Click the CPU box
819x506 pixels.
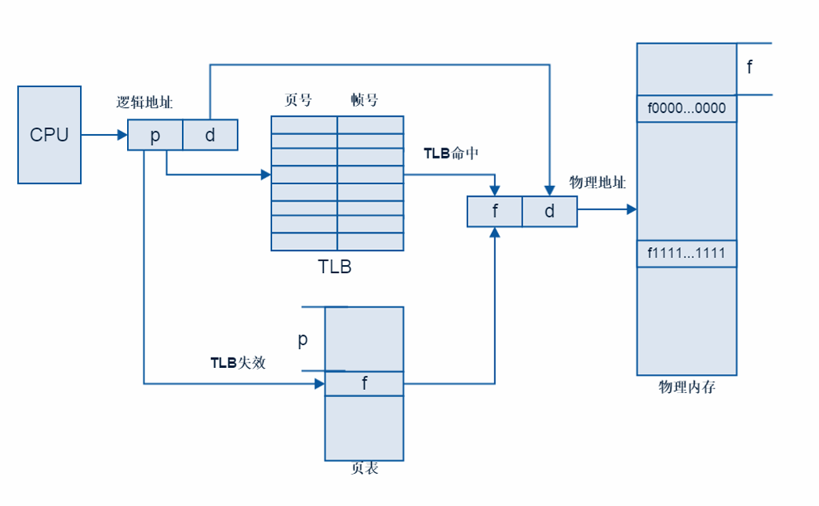49,135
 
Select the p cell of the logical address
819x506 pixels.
155,135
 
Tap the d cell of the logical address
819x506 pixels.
210,135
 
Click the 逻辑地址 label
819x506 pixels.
144,102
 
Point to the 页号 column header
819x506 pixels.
298,100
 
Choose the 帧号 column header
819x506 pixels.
365,100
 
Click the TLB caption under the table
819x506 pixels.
335,267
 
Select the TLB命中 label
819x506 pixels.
451,154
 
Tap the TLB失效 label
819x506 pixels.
238,362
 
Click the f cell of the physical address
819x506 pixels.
495,212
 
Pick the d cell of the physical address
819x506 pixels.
549,212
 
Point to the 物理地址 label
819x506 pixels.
598,183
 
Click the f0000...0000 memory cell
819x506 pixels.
686,108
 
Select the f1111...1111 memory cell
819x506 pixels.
686,253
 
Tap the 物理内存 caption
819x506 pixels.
686,387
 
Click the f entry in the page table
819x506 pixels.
364,384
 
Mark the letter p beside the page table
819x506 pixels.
303,340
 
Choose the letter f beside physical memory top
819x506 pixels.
749,67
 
